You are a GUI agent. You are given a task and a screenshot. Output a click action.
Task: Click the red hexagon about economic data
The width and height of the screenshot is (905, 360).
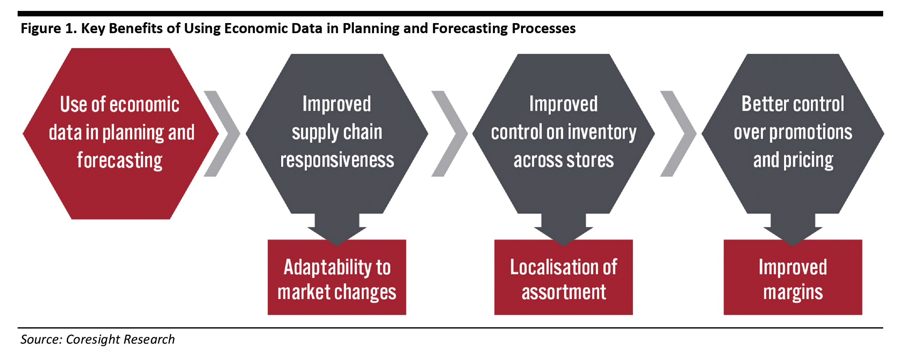[121, 133]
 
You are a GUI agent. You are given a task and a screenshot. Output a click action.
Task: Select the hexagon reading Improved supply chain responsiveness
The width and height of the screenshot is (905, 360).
[337, 133]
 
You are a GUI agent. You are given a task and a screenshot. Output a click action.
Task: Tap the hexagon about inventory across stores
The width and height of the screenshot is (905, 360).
[563, 133]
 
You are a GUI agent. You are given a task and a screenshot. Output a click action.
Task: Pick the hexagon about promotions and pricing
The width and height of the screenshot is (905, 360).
[793, 133]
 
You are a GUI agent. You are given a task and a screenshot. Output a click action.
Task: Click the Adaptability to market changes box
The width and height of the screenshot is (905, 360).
[337, 277]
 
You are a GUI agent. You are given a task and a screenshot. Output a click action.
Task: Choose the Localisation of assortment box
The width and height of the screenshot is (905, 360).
[563, 277]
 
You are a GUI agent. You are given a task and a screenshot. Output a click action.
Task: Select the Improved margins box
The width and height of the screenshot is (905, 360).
[793, 277]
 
